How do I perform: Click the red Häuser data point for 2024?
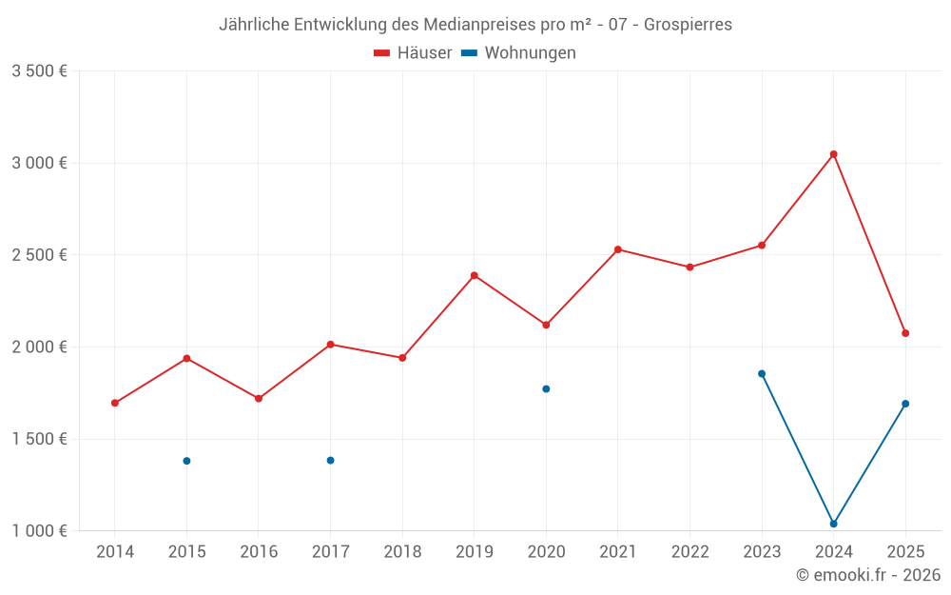tap(833, 154)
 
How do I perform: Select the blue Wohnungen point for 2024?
tap(833, 524)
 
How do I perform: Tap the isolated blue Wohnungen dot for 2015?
tap(186, 461)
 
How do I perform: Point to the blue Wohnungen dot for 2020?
tap(546, 388)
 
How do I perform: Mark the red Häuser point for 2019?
tap(474, 275)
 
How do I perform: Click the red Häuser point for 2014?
tap(115, 403)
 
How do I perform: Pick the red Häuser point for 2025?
tap(905, 333)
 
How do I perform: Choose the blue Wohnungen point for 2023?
tap(762, 373)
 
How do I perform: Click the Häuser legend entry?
tap(414, 53)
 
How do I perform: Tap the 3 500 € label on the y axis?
tap(39, 71)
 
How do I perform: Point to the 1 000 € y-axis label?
tap(39, 531)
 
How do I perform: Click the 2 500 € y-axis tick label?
tap(39, 255)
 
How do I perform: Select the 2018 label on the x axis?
tap(402, 552)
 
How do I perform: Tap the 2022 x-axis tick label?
tap(689, 552)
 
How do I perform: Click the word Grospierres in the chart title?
tap(688, 25)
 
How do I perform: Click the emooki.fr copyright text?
tap(868, 575)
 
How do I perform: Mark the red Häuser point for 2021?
tap(618, 249)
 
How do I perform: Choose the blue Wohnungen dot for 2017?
tap(330, 460)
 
